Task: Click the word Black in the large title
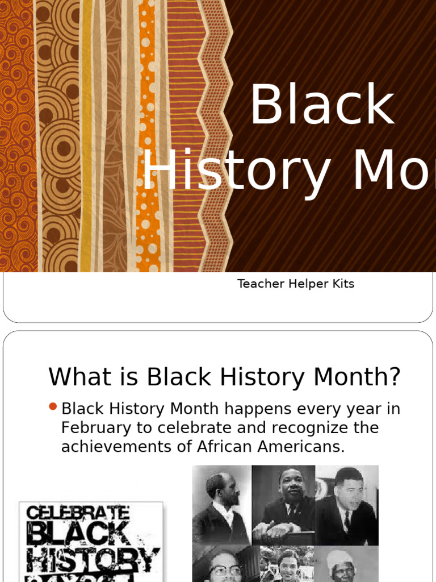[x=322, y=105]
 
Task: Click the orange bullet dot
[x=53, y=406]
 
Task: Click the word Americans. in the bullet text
[x=300, y=447]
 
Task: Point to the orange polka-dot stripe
[x=148, y=136]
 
